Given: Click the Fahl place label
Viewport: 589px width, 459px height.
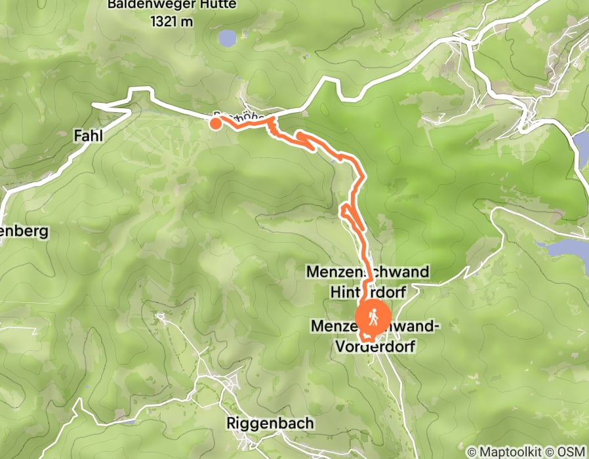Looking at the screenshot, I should (86, 136).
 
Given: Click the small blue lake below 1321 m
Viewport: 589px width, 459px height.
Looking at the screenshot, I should (227, 38).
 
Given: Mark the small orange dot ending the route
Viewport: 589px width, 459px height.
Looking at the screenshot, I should (216, 122).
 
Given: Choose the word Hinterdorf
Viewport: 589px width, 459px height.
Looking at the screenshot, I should (369, 290).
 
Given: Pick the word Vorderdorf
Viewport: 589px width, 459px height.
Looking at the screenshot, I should (375, 346).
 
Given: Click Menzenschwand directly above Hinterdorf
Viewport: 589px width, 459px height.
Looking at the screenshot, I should (367, 271).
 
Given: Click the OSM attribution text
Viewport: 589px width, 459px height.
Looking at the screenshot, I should (572, 452).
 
